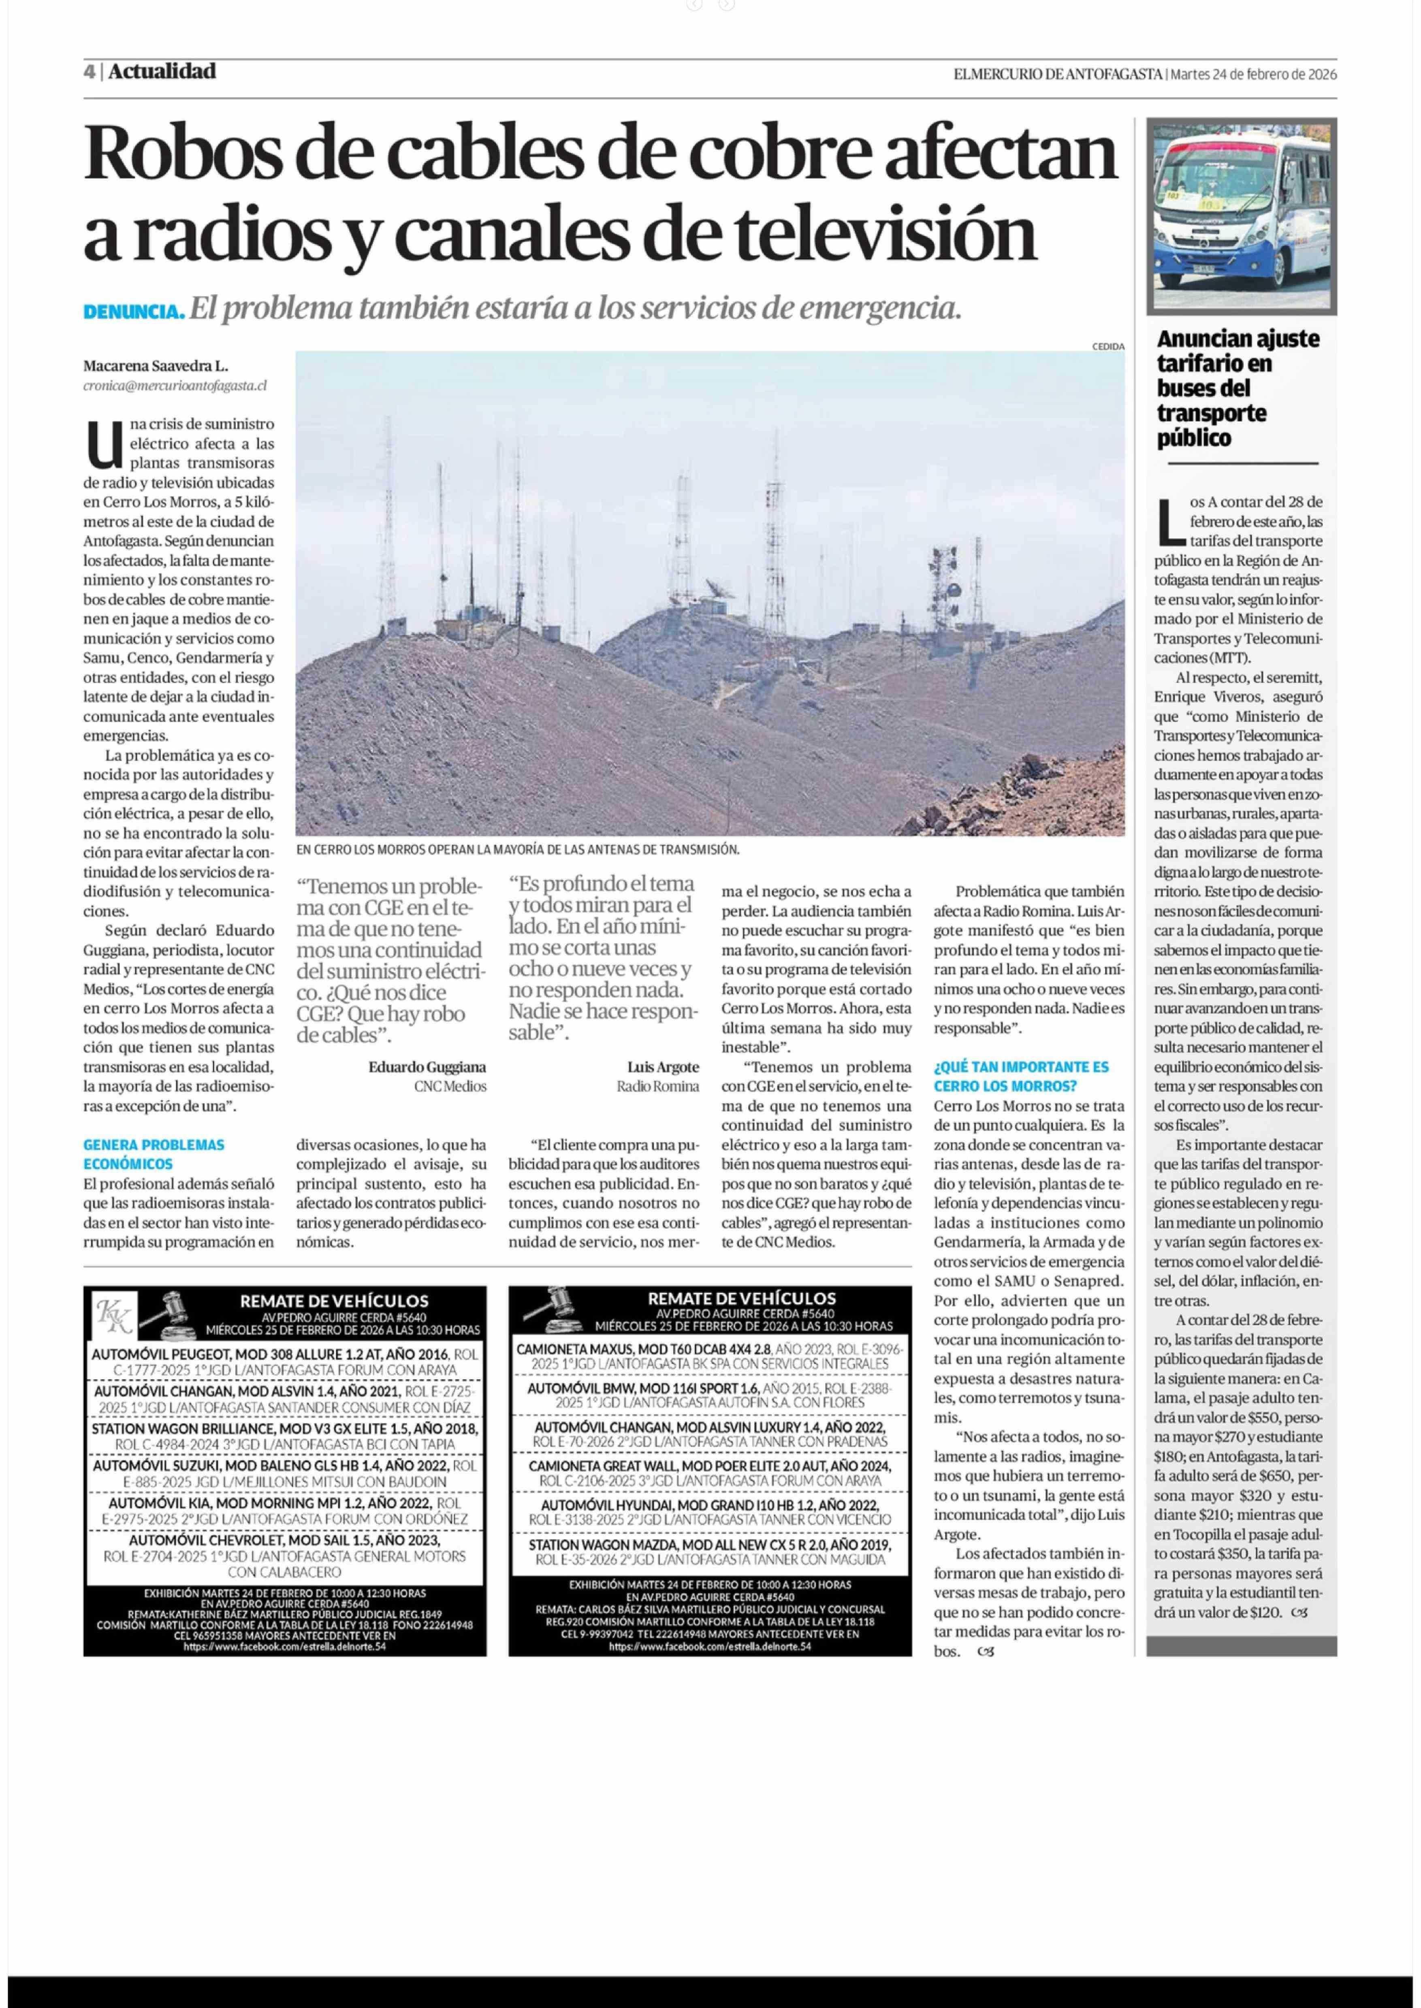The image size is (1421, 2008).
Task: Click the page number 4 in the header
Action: [x=89, y=72]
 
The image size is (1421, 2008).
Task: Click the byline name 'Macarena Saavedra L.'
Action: [x=156, y=366]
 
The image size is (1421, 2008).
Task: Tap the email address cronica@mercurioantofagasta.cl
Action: [x=175, y=385]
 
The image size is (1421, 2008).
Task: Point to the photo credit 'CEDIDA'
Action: [x=1108, y=346]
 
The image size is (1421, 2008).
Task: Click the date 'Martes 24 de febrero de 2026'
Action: [x=1253, y=75]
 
